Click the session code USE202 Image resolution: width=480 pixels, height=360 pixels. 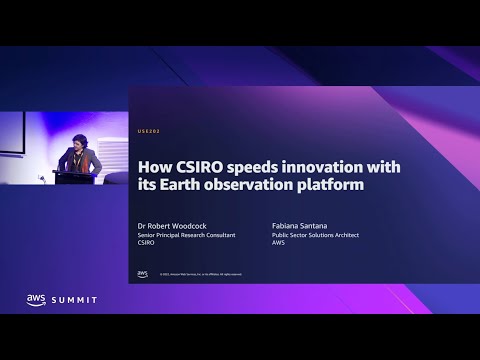tap(147, 131)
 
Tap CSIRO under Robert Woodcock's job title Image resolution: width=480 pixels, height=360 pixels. tap(147, 245)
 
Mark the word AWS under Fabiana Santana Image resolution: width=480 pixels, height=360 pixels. tap(277, 245)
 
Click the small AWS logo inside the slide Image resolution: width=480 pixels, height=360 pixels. tap(143, 272)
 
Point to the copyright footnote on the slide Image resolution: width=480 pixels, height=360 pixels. tap(195, 273)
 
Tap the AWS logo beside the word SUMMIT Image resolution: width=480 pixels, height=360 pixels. tap(37, 300)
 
